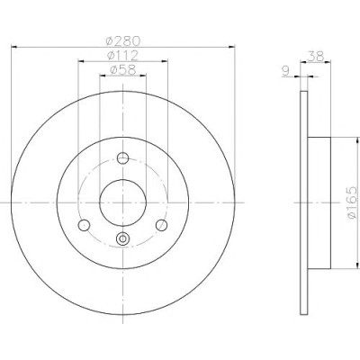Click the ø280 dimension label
(123, 40)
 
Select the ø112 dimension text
(122, 55)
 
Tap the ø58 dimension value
(123, 69)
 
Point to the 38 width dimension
(316, 56)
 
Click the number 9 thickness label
(285, 71)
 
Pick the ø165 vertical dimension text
(353, 202)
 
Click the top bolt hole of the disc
(122, 157)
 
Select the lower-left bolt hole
(84, 225)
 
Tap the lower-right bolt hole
(162, 225)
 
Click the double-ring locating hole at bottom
(122, 238)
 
